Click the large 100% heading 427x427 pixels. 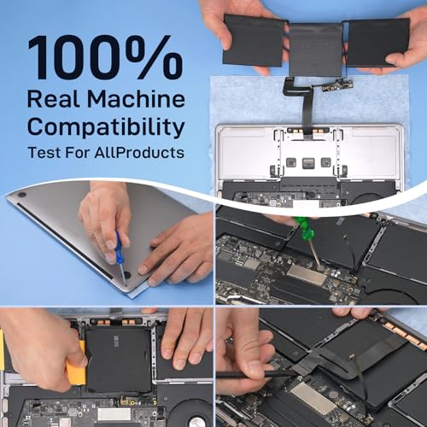click(105, 57)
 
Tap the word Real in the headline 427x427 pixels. click(53, 99)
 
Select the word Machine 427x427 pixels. click(136, 99)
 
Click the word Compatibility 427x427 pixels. click(106, 127)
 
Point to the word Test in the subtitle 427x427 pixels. click(44, 152)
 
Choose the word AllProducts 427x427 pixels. click(139, 152)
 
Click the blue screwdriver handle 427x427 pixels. click(119, 248)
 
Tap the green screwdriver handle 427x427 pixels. click(301, 226)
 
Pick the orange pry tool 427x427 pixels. click(76, 361)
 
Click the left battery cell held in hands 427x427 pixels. click(254, 40)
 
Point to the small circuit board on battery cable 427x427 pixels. click(338, 85)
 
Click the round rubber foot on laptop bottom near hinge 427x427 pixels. click(21, 196)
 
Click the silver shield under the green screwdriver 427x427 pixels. click(307, 275)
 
